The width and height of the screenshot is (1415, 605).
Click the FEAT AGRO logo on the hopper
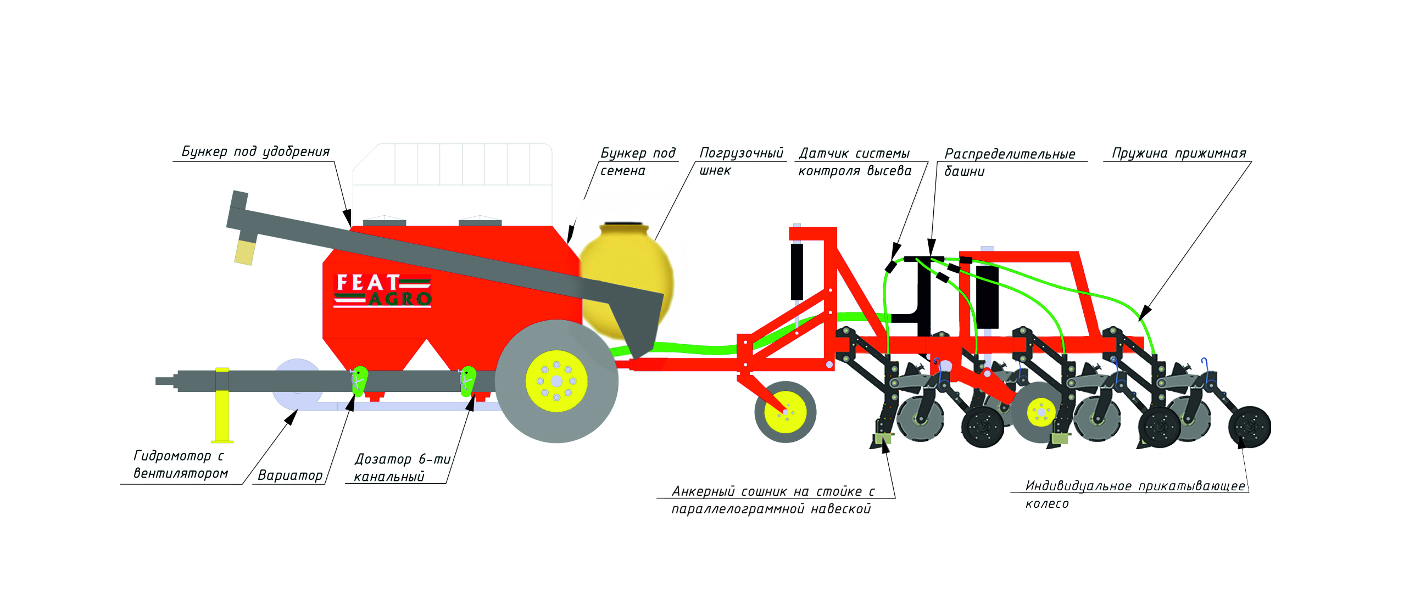pyautogui.click(x=382, y=290)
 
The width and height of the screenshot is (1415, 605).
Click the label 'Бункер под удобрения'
pyautogui.click(x=255, y=152)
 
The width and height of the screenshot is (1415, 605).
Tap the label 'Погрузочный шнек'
pyautogui.click(x=740, y=161)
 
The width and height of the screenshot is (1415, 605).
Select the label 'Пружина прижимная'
pyautogui.click(x=1179, y=153)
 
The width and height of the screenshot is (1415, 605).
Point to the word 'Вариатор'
pyautogui.click(x=290, y=475)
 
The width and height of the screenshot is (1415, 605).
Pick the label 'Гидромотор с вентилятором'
pyautogui.click(x=180, y=464)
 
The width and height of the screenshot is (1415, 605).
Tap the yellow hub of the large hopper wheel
pyautogui.click(x=556, y=381)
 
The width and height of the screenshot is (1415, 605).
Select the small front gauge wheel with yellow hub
pyautogui.click(x=786, y=412)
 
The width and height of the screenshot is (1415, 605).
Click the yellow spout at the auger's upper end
pyautogui.click(x=245, y=253)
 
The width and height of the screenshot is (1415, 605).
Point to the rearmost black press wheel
pyautogui.click(x=1250, y=427)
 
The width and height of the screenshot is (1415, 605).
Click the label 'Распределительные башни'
pyautogui.click(x=1009, y=162)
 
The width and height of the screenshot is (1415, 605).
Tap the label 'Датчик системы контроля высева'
pyautogui.click(x=854, y=162)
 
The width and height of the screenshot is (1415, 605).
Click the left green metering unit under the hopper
pyautogui.click(x=359, y=380)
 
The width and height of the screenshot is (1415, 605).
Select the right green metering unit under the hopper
pyautogui.click(x=467, y=380)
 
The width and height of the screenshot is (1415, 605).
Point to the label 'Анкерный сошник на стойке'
pyautogui.click(x=772, y=500)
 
